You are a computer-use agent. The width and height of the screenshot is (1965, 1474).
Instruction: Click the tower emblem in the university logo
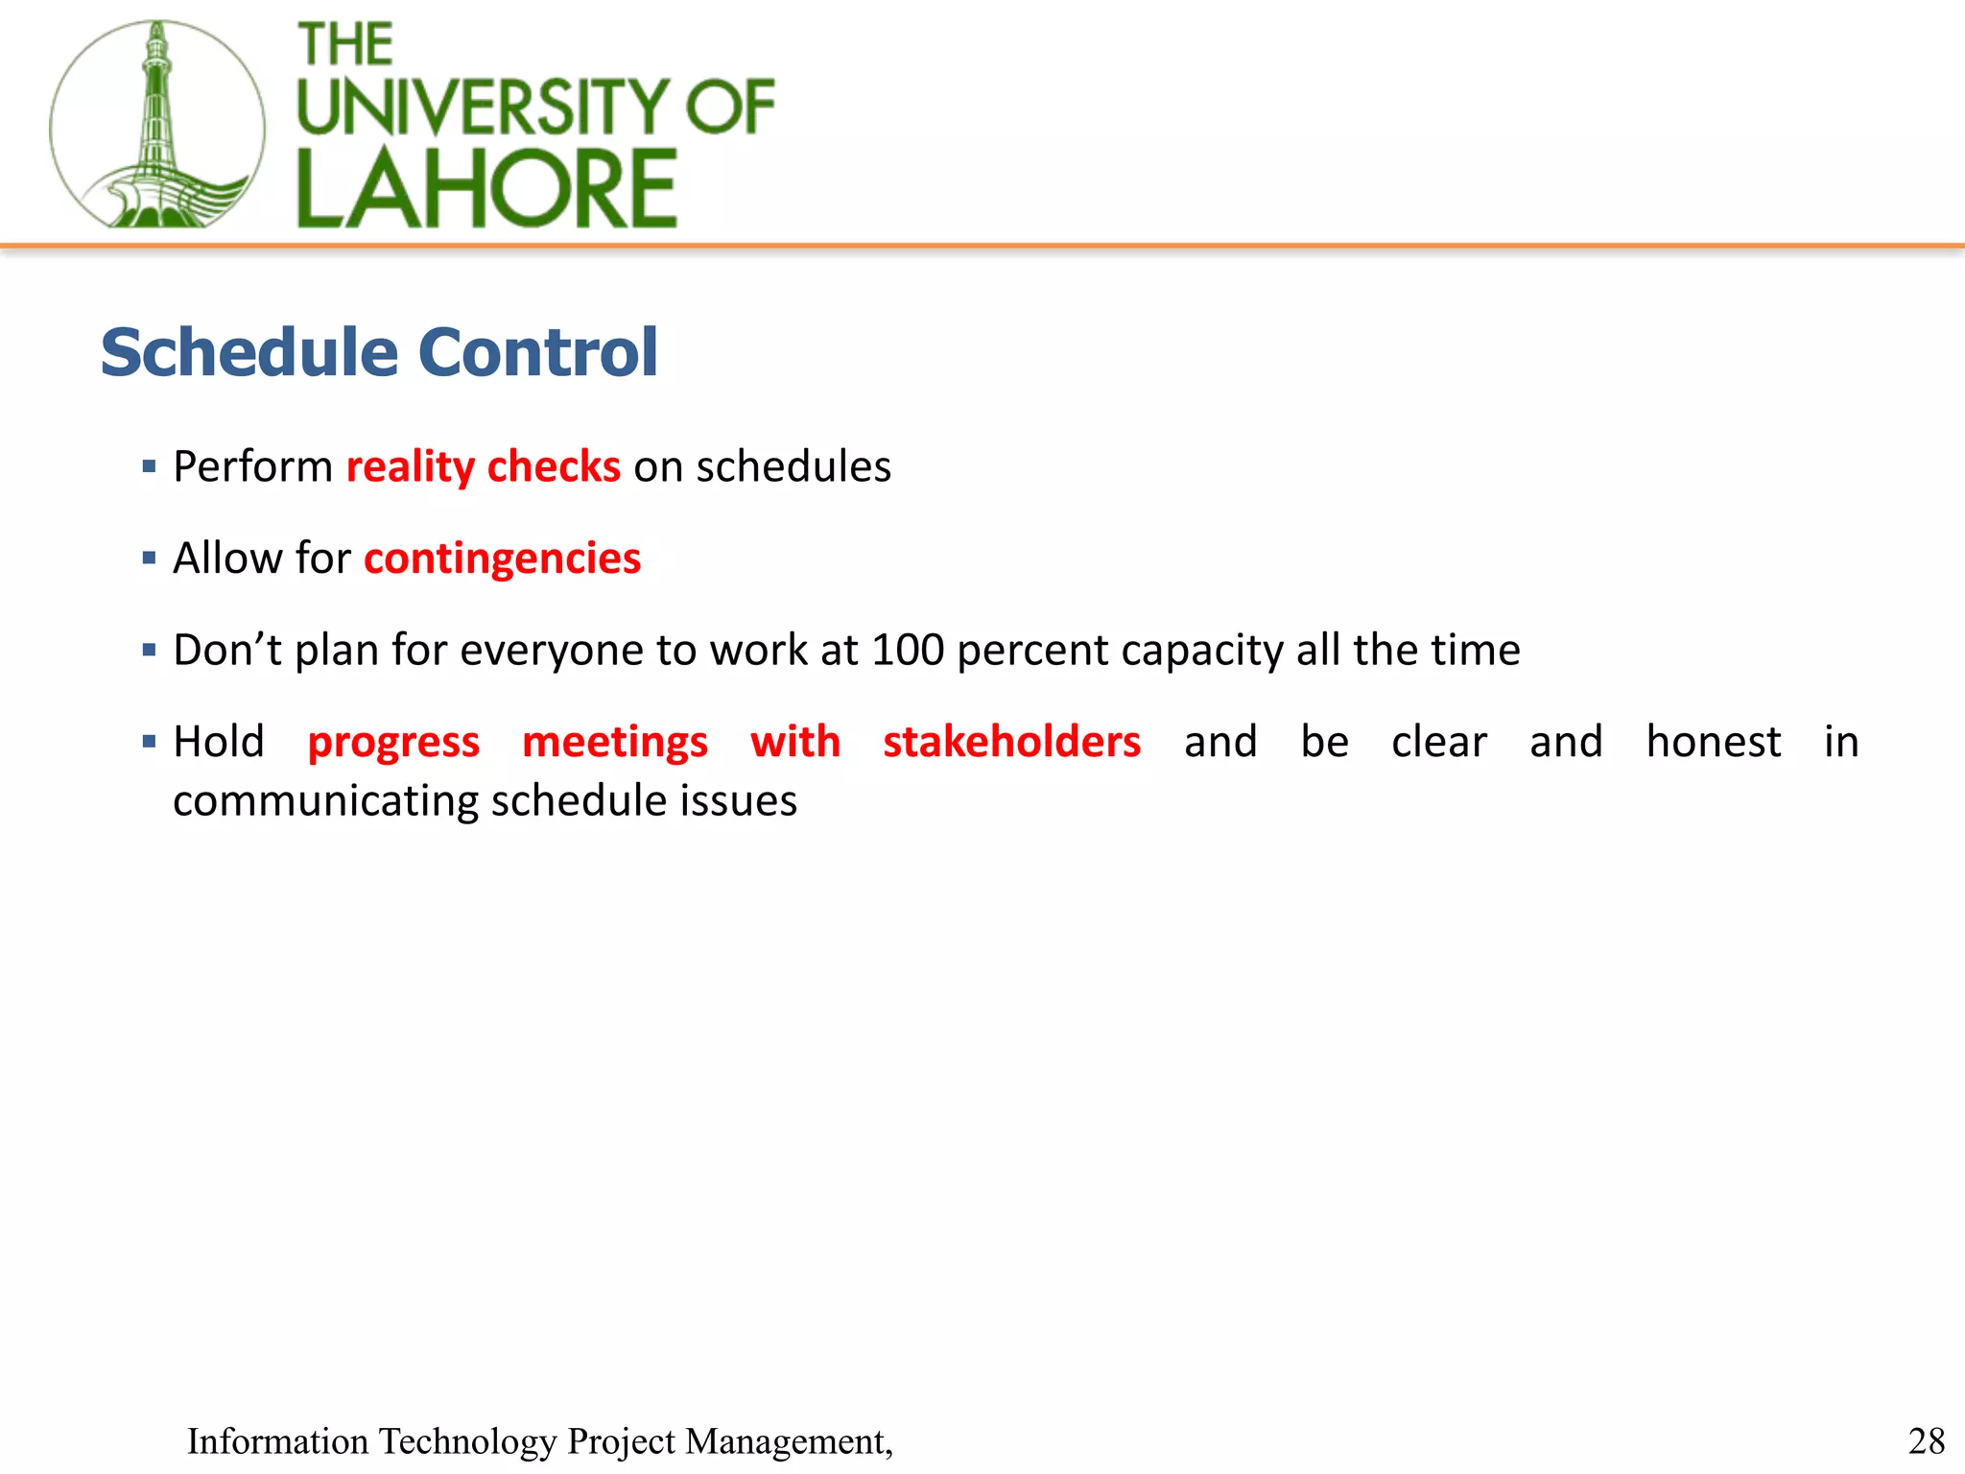(x=156, y=125)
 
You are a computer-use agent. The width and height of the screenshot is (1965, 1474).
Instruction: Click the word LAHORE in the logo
(x=486, y=189)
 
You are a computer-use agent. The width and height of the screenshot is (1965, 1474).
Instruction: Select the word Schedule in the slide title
(x=249, y=352)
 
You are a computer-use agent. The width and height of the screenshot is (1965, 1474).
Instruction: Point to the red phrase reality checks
(x=483, y=467)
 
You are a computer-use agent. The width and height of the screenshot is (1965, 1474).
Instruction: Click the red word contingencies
(x=502, y=559)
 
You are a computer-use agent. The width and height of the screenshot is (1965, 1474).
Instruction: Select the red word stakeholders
(x=1011, y=742)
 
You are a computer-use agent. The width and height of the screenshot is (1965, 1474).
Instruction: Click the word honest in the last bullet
(x=1713, y=742)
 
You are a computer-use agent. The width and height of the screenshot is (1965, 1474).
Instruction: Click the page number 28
(x=1926, y=1441)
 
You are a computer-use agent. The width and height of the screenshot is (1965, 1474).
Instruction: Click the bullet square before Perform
(x=149, y=467)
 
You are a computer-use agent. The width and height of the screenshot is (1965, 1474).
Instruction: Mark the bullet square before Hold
(x=149, y=742)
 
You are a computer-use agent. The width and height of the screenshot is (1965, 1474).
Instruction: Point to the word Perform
(x=252, y=467)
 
